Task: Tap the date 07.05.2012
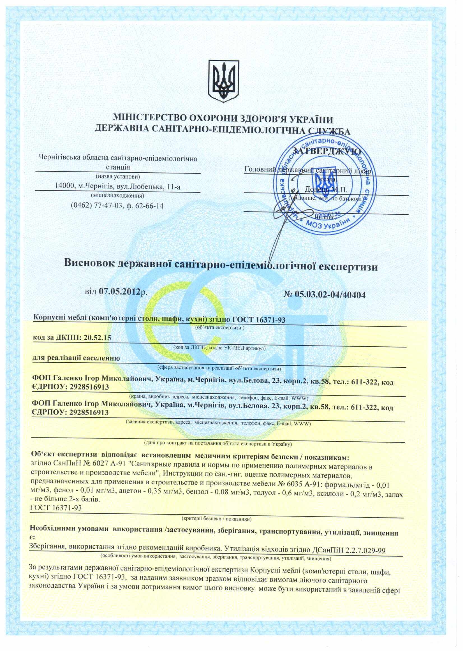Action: pos(120,291)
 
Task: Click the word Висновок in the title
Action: pos(89,263)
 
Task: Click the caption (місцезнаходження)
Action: pos(117,196)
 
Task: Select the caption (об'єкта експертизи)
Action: pos(220,328)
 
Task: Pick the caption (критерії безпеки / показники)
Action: pos(216,519)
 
